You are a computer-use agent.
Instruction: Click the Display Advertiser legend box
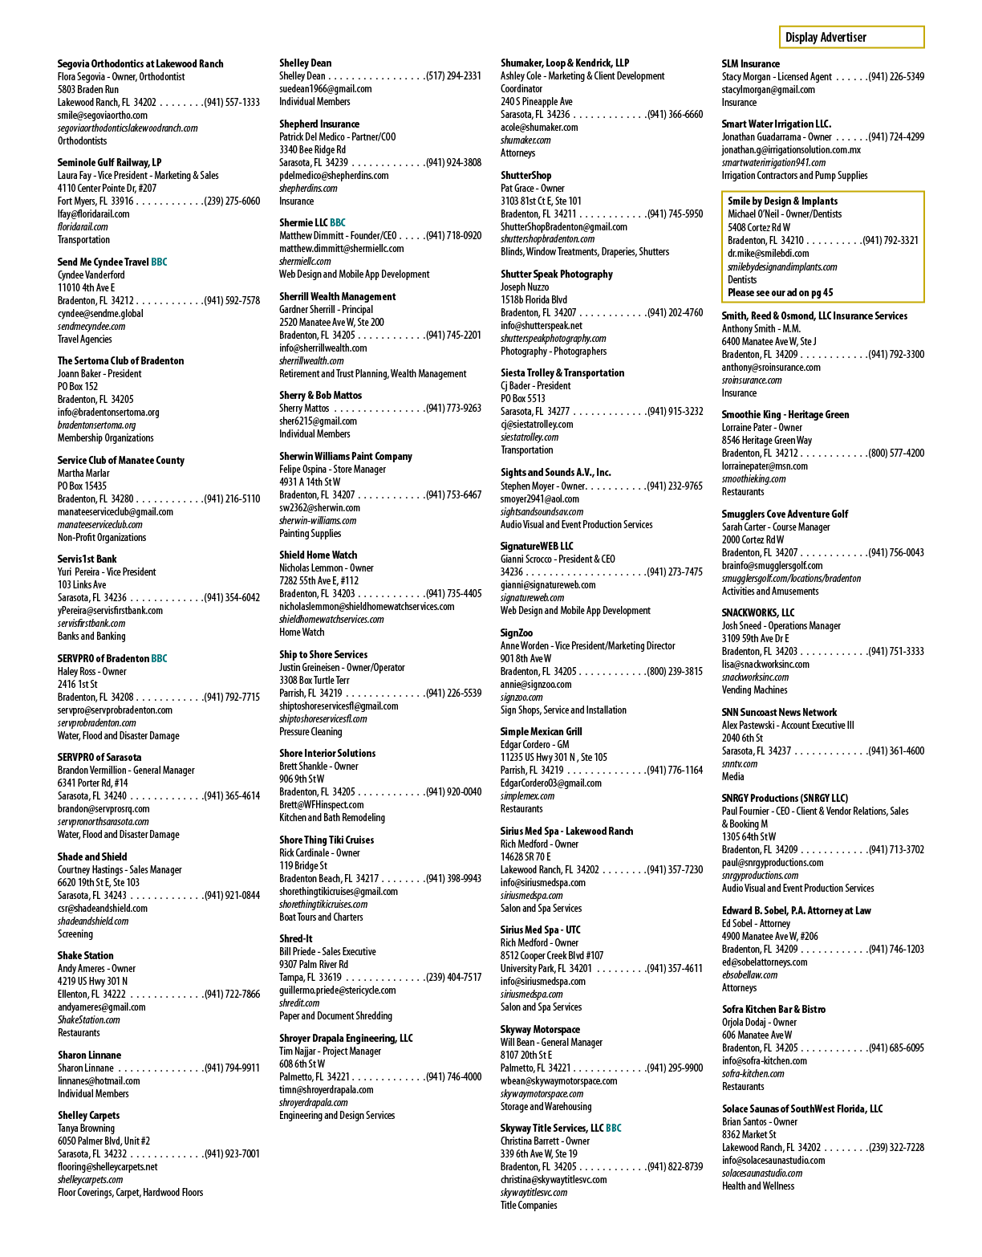[x=850, y=37]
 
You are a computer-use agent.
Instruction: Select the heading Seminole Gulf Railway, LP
[x=109, y=163]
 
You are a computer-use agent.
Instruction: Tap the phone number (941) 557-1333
[x=232, y=103]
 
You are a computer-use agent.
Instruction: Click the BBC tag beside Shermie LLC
[x=338, y=222]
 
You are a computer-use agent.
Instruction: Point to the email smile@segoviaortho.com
[x=103, y=115]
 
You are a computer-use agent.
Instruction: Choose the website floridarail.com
[x=83, y=226]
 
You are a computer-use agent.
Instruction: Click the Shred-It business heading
[x=296, y=938]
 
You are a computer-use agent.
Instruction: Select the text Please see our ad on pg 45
[x=781, y=293]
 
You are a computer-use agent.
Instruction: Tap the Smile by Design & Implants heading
[x=782, y=201]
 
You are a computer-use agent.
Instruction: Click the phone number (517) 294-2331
[x=453, y=75]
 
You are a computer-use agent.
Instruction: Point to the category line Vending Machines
[x=754, y=690]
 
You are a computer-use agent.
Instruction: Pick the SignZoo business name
[x=517, y=633]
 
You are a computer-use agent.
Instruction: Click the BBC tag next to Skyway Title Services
[x=614, y=1128]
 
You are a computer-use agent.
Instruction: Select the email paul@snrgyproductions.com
[x=772, y=863]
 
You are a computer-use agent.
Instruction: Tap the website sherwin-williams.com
[x=318, y=521]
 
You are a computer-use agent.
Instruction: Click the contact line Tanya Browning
[x=86, y=1128]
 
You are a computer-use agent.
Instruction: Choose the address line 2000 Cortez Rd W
[x=753, y=539]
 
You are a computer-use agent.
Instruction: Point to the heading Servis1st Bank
[x=87, y=559]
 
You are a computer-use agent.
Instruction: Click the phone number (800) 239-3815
[x=675, y=672]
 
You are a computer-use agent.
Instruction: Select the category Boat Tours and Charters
[x=321, y=917]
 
